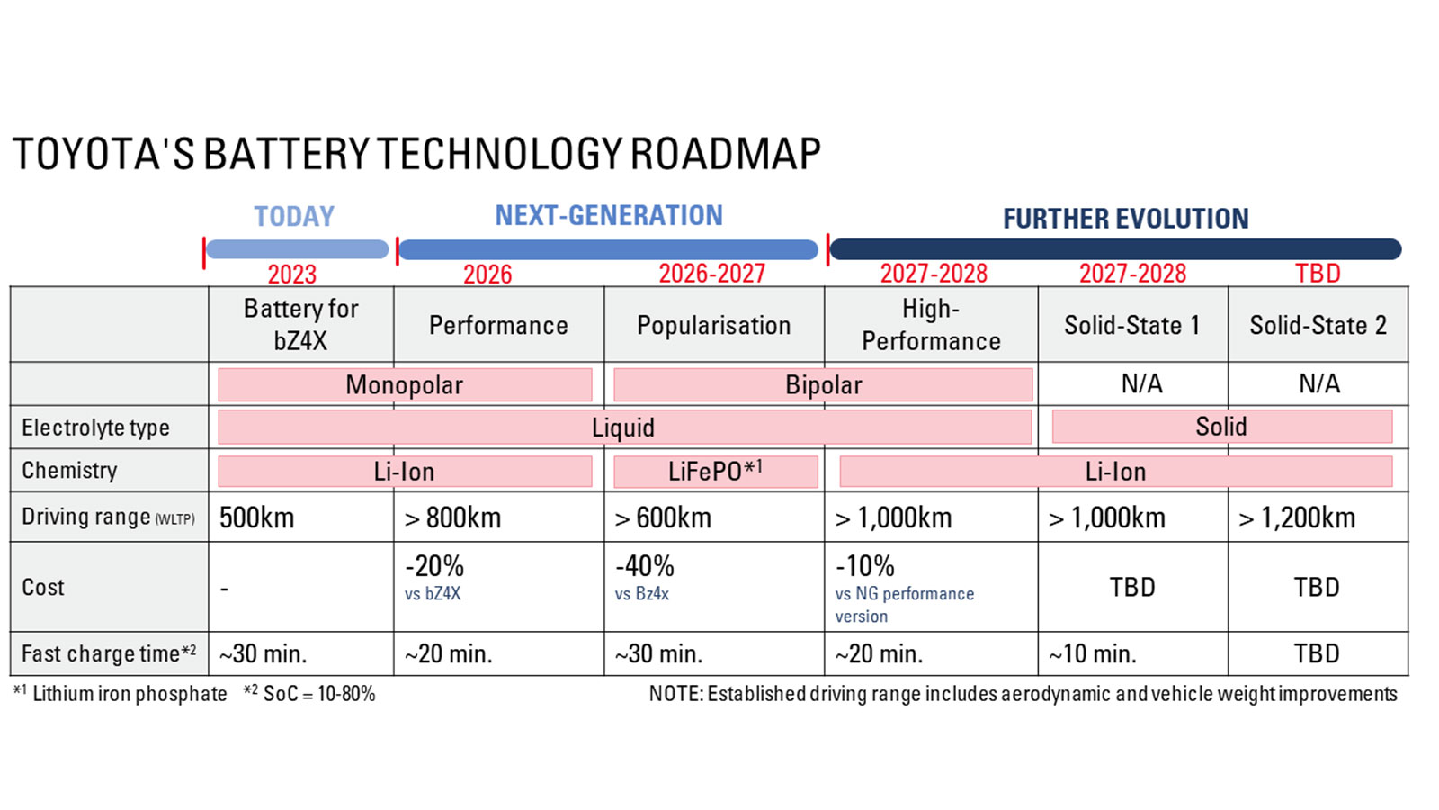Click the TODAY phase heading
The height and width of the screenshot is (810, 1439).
(294, 217)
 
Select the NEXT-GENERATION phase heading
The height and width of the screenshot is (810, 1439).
(609, 216)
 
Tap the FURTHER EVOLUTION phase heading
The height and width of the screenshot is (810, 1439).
(1125, 219)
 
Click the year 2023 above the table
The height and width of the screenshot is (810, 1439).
(292, 274)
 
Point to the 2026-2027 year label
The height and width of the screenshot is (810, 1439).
(711, 274)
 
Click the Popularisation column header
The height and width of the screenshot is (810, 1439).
(713, 325)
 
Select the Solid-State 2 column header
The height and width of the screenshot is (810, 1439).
(1318, 325)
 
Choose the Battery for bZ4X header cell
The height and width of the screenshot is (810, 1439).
(300, 324)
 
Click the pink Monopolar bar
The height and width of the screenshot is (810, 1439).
(405, 385)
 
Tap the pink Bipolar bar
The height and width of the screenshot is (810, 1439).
(823, 385)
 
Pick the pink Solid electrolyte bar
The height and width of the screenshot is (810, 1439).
(1221, 427)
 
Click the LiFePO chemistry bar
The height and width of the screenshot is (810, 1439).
(715, 472)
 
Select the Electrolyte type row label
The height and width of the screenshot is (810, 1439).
(95, 427)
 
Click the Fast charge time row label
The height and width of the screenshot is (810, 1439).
(108, 653)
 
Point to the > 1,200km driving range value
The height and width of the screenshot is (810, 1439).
(1296, 517)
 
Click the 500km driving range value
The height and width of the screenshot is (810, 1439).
(257, 517)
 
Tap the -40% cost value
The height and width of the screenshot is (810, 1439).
(644, 566)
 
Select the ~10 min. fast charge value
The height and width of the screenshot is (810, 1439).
(1092, 653)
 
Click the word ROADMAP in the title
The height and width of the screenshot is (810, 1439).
(725, 154)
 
